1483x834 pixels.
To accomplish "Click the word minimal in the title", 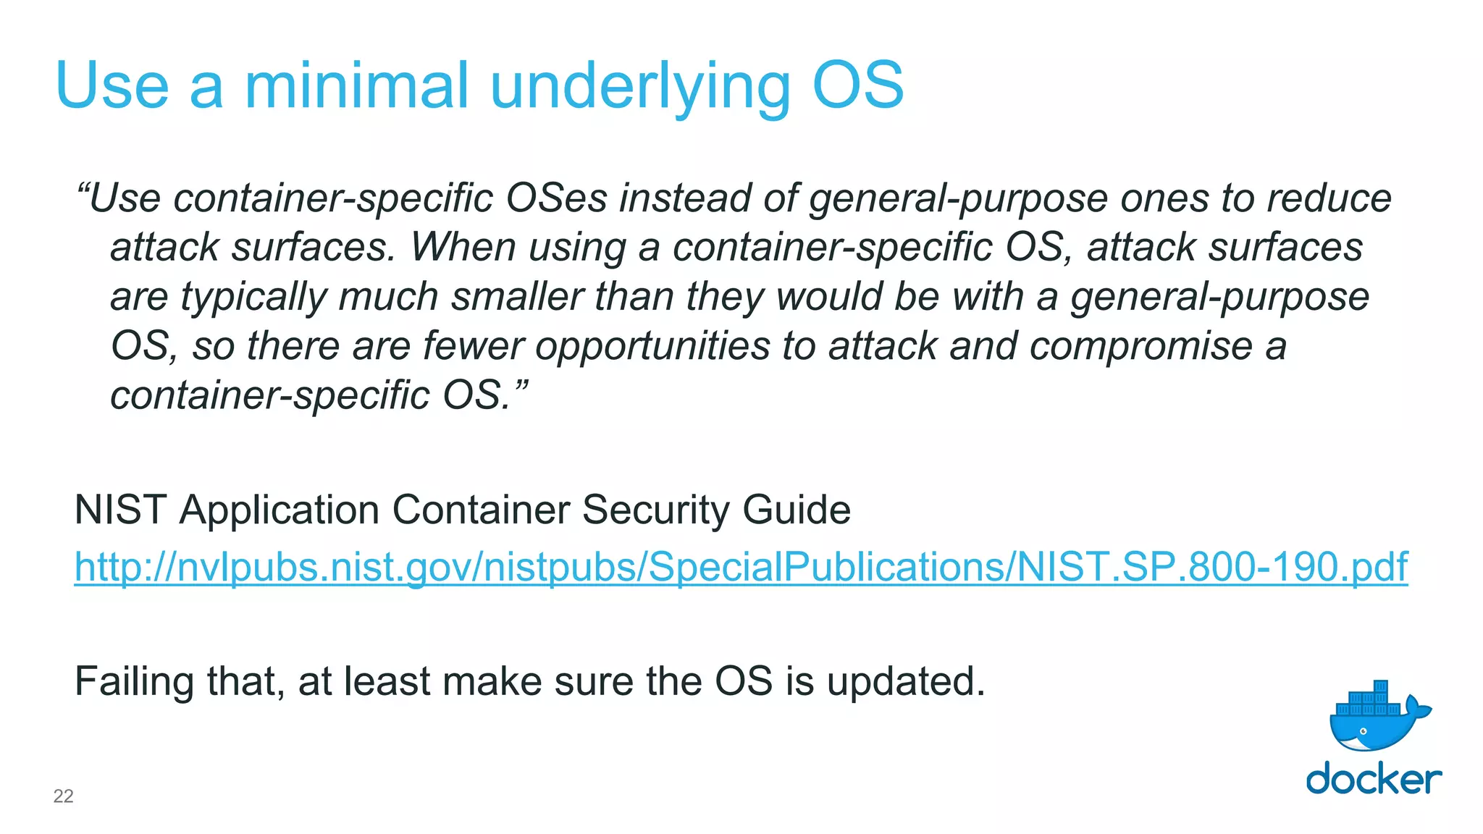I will pos(356,85).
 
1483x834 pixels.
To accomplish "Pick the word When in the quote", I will pos(463,247).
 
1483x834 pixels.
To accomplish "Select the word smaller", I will pos(517,296).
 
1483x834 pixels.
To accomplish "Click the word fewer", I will pos(473,345).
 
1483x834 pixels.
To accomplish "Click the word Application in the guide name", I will pos(279,510).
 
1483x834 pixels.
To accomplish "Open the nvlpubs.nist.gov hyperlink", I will pos(741,567).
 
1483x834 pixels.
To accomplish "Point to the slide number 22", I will pos(64,796).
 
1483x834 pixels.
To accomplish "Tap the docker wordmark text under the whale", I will pos(1374,778).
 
